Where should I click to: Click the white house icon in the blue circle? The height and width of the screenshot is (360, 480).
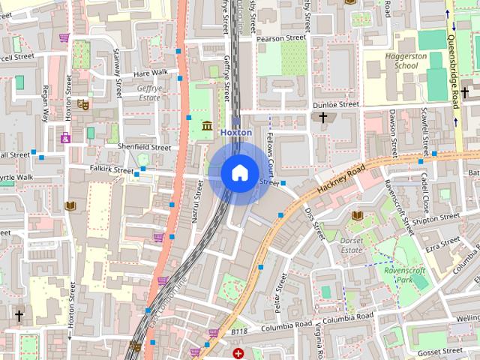(239, 173)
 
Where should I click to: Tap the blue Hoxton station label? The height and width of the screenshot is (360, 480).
(235, 132)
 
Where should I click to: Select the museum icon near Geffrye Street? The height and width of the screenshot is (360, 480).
(206, 124)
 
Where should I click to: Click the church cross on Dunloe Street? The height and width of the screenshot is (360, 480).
(323, 118)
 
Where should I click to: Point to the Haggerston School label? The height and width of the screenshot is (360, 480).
(394, 61)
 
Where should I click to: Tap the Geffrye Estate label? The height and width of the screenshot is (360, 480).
(149, 92)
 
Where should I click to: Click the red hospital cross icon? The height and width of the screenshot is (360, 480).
(238, 353)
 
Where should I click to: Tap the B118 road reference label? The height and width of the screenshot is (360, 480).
(238, 331)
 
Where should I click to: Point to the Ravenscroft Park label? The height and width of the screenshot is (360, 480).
(404, 274)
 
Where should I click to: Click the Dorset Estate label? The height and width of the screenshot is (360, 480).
(352, 244)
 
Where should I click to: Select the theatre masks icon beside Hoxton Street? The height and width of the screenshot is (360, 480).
(84, 106)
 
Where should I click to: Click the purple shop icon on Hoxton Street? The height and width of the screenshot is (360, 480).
(66, 138)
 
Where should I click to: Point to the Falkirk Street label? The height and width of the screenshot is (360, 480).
(110, 169)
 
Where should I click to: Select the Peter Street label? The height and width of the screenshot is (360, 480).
(280, 292)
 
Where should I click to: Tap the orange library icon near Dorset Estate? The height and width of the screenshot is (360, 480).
(357, 216)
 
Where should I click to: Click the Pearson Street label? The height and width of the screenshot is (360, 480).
(281, 37)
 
